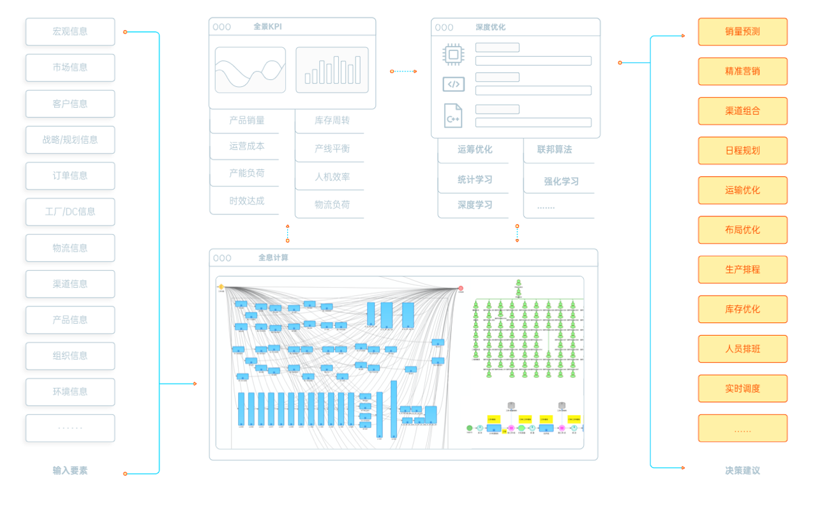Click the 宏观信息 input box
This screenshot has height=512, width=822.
[x=70, y=31]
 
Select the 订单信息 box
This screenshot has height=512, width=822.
[x=70, y=176]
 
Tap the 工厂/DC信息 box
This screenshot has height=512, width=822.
[x=70, y=212]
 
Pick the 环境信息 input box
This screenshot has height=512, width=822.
[x=70, y=392]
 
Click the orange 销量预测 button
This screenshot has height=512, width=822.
[x=742, y=31]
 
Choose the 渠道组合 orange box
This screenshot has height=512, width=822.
[x=742, y=110]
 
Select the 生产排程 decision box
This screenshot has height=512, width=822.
[x=742, y=269]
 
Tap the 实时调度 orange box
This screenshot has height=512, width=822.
[x=742, y=388]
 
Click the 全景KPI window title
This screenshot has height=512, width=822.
[x=267, y=27]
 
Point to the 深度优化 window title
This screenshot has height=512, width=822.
[x=490, y=27]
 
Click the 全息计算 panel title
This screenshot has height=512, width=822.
[x=273, y=258]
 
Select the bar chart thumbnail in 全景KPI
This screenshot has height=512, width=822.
[x=332, y=70]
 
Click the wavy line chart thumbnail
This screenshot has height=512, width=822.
[x=250, y=70]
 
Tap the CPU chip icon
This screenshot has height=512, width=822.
[x=453, y=54]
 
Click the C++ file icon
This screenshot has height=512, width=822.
[x=453, y=116]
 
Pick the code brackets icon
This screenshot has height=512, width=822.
[x=453, y=84]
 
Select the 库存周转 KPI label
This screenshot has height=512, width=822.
[x=332, y=120]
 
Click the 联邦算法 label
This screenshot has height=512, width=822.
[x=554, y=149]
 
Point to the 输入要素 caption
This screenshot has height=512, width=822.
[x=70, y=471]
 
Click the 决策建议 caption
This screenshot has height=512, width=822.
[x=742, y=471]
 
